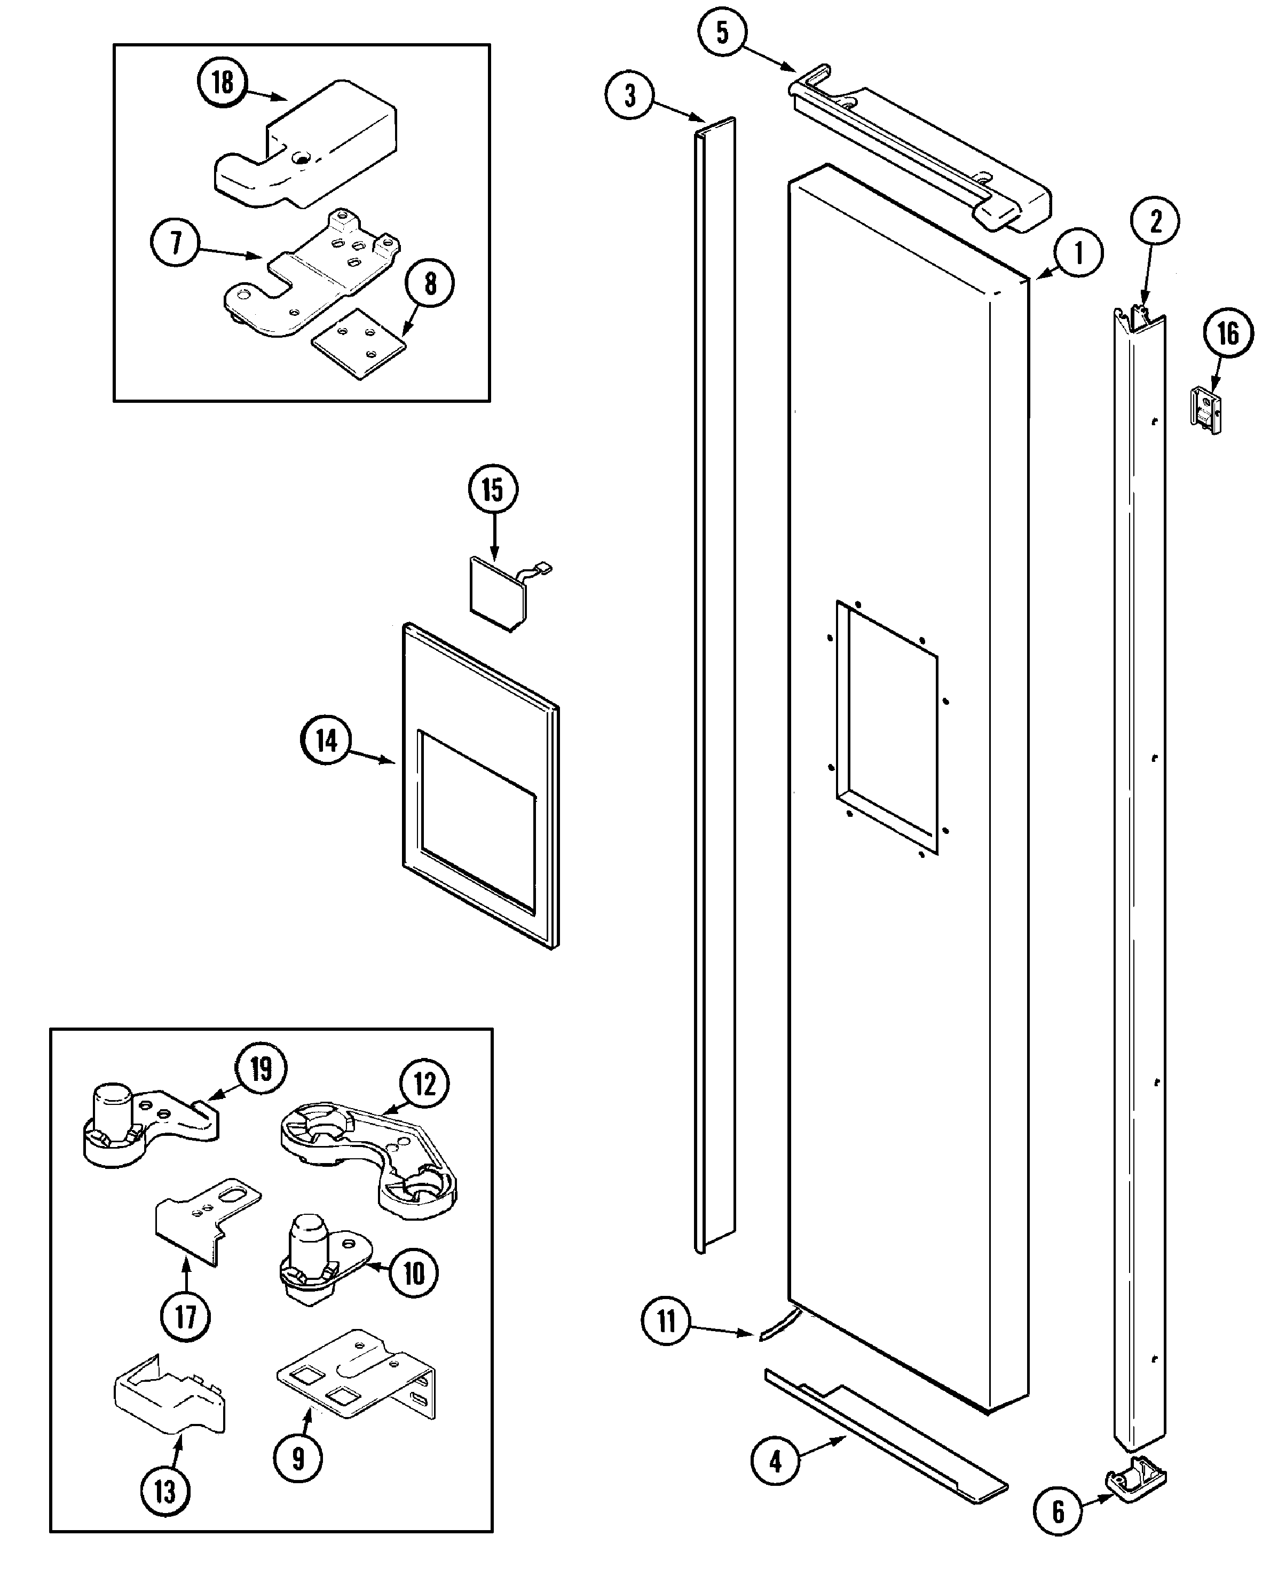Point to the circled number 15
(x=493, y=489)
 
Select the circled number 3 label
(x=629, y=95)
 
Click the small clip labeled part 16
(x=1206, y=411)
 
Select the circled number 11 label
(x=666, y=1322)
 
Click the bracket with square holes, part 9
(x=357, y=1376)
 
